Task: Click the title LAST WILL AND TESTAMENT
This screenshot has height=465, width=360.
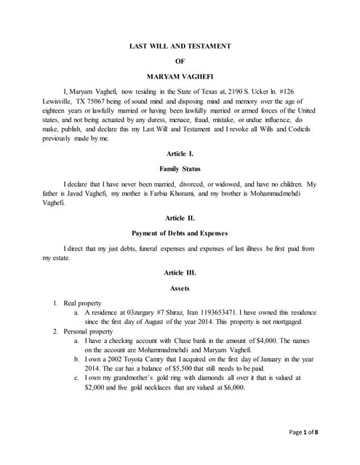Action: tap(180, 46)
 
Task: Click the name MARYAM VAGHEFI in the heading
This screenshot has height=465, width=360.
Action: tap(180, 76)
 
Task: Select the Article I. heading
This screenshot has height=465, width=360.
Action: tap(180, 155)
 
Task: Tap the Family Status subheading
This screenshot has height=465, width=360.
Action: tap(180, 169)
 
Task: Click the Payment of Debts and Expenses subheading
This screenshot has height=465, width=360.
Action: tap(180, 233)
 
